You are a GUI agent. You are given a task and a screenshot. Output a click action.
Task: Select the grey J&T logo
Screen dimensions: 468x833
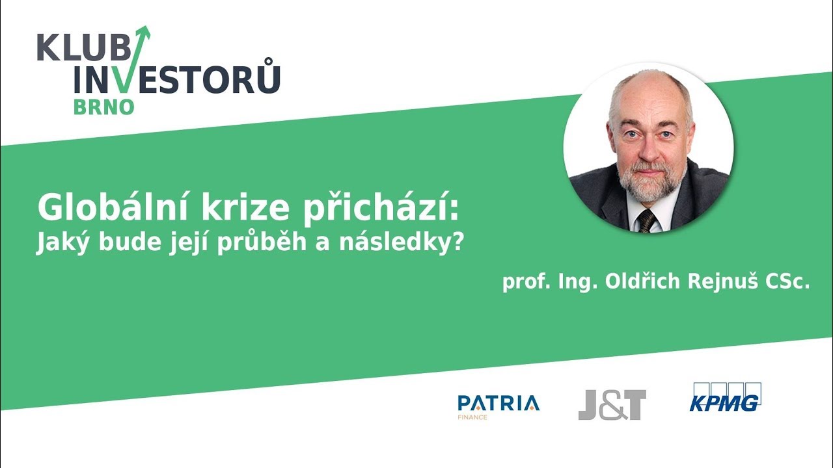click(612, 404)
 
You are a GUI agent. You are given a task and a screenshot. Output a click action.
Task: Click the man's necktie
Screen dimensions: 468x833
click(647, 220)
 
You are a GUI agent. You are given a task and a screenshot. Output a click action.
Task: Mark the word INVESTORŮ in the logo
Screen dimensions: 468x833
click(177, 79)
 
